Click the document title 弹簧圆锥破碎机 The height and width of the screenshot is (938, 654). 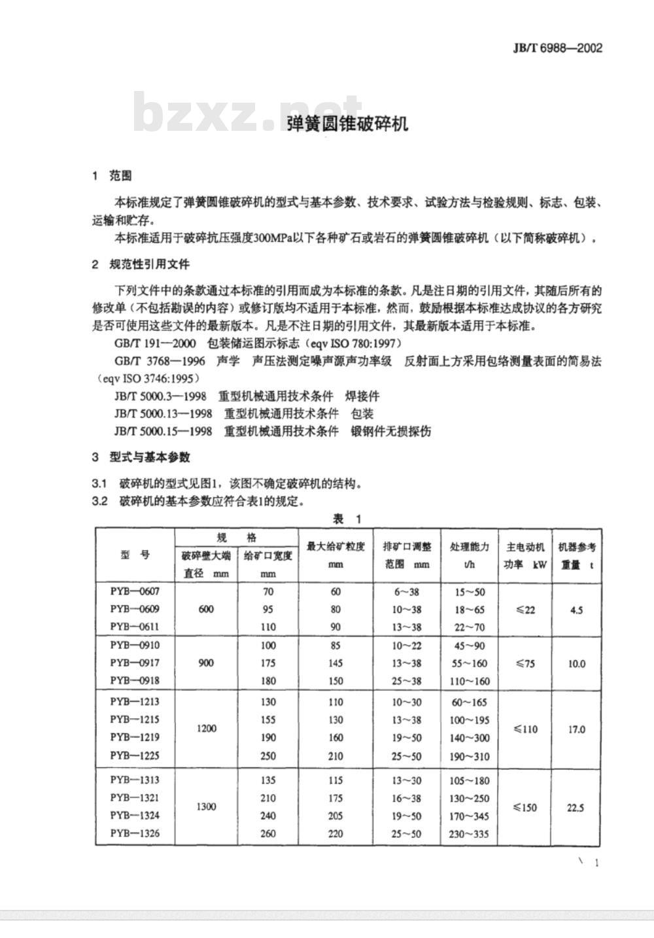347,124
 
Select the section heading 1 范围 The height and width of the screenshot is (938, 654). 112,175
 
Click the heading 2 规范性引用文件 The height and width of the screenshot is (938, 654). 141,264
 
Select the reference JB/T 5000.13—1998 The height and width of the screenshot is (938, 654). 163,413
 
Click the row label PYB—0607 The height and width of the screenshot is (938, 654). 135,591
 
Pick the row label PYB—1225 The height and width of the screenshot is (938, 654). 135,756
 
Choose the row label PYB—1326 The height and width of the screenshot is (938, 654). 135,833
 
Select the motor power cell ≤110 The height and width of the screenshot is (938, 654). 525,729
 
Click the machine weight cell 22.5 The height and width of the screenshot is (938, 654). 576,807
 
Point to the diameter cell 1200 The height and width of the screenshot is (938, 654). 206,729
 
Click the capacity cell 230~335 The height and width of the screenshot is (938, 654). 469,834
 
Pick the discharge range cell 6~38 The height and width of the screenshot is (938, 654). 406,592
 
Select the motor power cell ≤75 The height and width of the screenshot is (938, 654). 525,663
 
